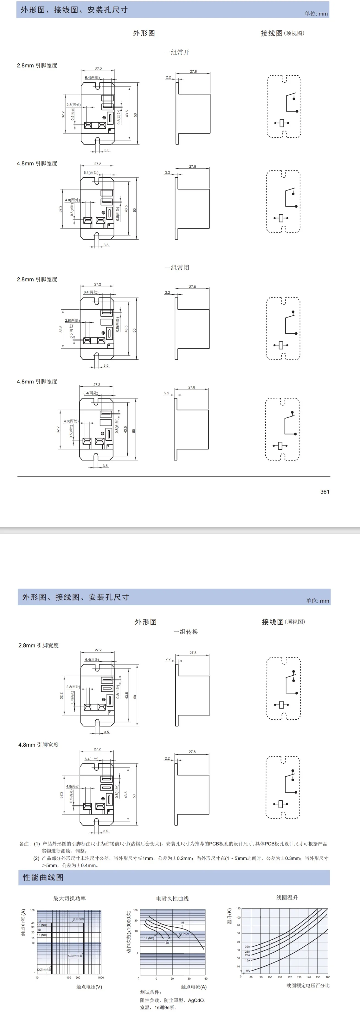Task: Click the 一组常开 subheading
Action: (177, 52)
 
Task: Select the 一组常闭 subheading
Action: (177, 267)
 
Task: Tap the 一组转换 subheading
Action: (186, 632)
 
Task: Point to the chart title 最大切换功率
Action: (69, 898)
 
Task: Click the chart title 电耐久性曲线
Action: (172, 898)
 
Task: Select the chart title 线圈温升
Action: (287, 897)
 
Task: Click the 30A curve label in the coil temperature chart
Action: (247, 946)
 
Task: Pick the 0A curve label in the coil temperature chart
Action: (248, 970)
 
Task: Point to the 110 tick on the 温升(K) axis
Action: (238, 908)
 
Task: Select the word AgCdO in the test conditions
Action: (196, 1000)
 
